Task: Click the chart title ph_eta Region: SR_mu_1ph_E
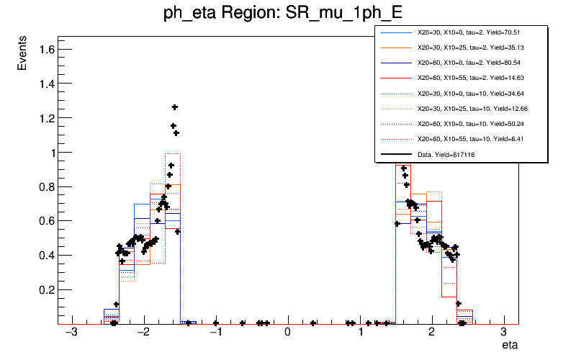(x=287, y=14)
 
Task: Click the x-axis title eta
(x=509, y=346)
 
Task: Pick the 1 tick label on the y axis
(x=47, y=153)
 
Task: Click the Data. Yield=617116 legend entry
(x=446, y=154)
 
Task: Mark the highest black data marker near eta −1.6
(x=174, y=107)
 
